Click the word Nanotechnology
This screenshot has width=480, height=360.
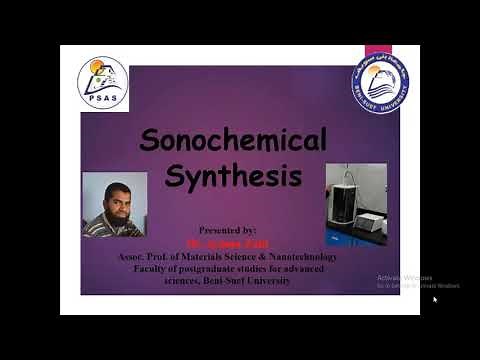[x=299, y=257]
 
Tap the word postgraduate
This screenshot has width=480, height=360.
[x=217, y=269]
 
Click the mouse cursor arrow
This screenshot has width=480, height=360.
[x=435, y=299]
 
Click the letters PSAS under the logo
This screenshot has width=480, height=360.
[x=102, y=101]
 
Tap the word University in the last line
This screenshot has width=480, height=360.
[x=269, y=281]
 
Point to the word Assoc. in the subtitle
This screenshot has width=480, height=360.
[x=133, y=257]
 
